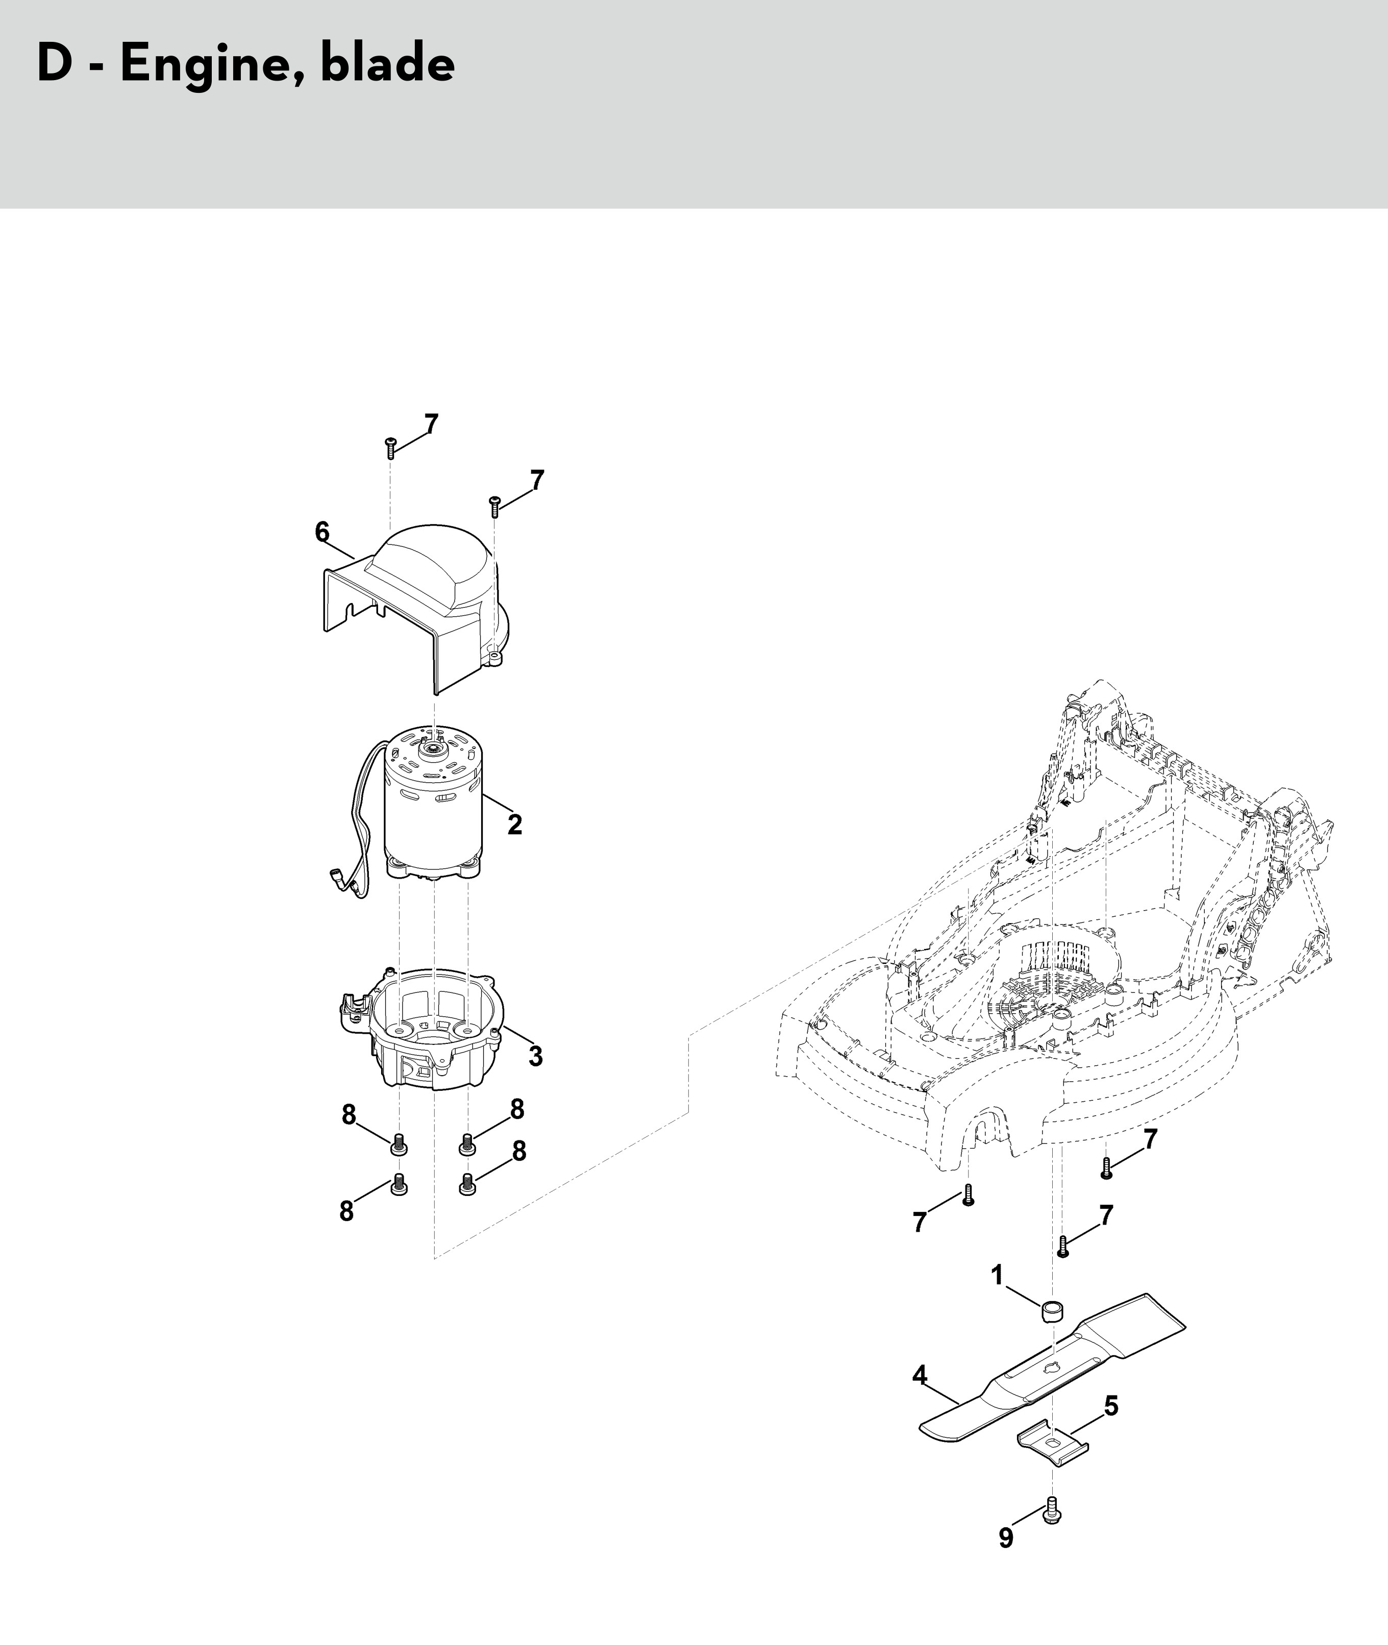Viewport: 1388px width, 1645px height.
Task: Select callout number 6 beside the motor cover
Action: (322, 533)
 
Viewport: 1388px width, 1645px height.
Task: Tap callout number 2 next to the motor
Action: (514, 825)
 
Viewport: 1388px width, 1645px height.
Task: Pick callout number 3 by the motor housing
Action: (535, 1056)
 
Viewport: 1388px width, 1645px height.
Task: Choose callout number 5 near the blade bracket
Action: (1111, 1406)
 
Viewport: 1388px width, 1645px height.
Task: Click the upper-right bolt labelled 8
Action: (467, 1144)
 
